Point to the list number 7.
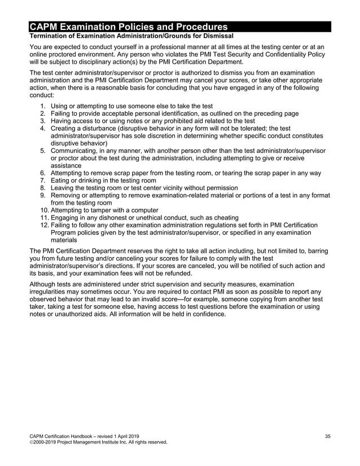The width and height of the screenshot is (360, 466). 43,180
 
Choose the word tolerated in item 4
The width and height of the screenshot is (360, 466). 252,128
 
